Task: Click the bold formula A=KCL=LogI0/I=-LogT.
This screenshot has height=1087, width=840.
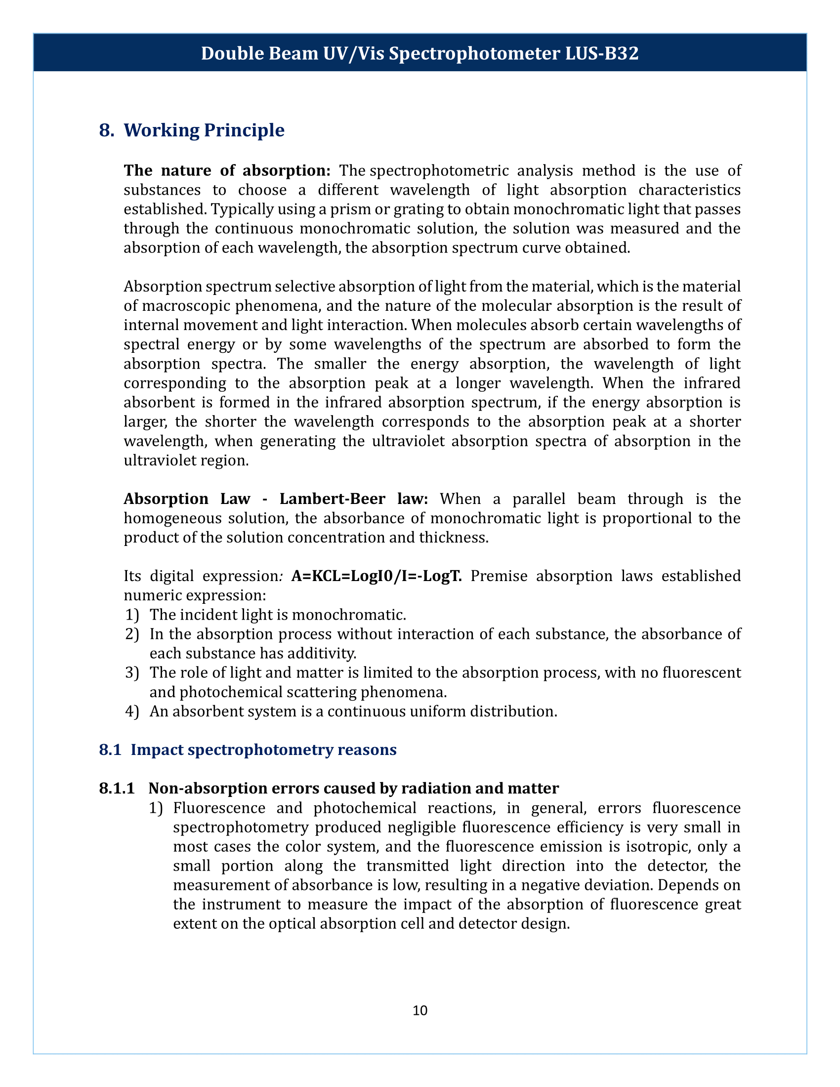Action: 377,576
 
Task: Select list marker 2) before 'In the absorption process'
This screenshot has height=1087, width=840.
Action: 132,634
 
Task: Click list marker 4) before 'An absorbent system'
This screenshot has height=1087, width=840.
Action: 132,711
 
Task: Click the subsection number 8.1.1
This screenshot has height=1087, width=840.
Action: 117,789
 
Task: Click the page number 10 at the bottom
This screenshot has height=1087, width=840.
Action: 420,1010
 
